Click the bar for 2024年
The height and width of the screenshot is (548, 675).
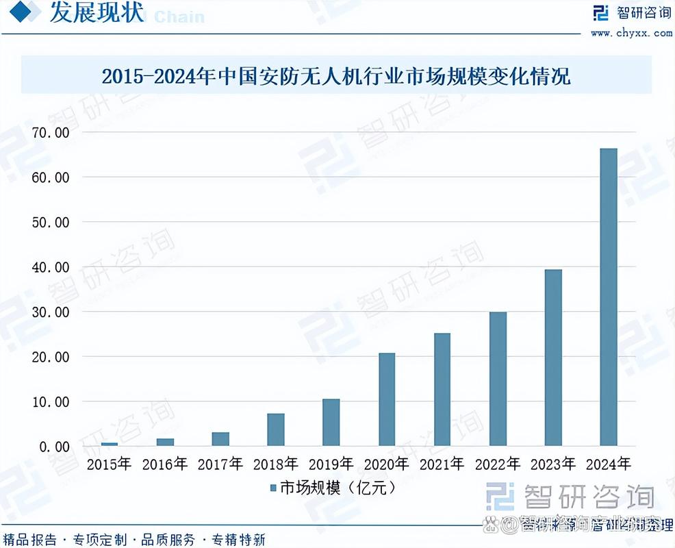point(608,297)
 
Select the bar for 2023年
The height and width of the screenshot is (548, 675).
point(552,358)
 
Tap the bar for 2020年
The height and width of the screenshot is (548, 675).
point(387,399)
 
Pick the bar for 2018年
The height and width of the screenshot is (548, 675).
point(276,429)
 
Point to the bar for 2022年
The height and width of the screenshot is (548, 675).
point(498,379)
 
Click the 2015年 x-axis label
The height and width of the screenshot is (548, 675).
point(109,464)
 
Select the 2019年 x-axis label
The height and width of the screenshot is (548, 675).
point(331,464)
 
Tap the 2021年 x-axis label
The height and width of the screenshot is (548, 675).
point(442,464)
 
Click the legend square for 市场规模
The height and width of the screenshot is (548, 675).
point(272,488)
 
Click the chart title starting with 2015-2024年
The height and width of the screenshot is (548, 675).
point(335,75)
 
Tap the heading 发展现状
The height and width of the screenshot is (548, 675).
point(97,14)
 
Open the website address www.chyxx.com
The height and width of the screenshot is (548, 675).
point(631,32)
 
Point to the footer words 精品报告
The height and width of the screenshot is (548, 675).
point(30,539)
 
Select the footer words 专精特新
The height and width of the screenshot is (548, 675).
point(238,539)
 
